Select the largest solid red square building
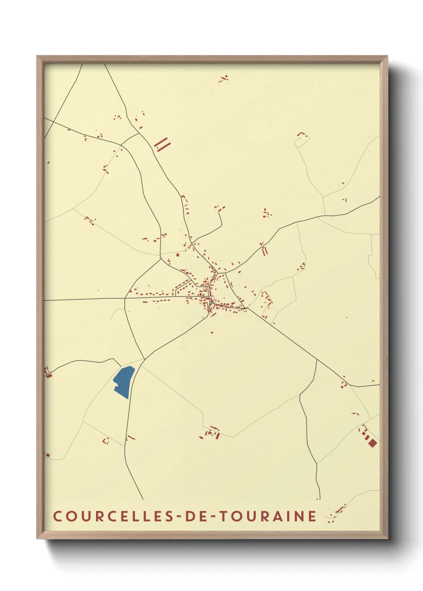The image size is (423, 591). tap(373, 443)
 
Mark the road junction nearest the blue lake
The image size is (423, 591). tap(144, 359)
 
